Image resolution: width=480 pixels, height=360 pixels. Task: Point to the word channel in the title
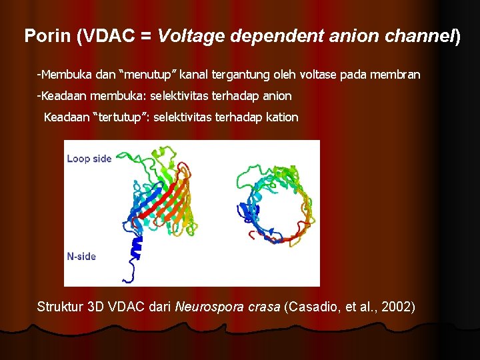click(421, 36)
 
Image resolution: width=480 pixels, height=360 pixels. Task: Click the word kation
click(282, 117)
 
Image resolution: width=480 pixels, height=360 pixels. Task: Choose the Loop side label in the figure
click(89, 159)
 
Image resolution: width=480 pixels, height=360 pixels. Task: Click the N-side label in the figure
click(81, 256)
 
